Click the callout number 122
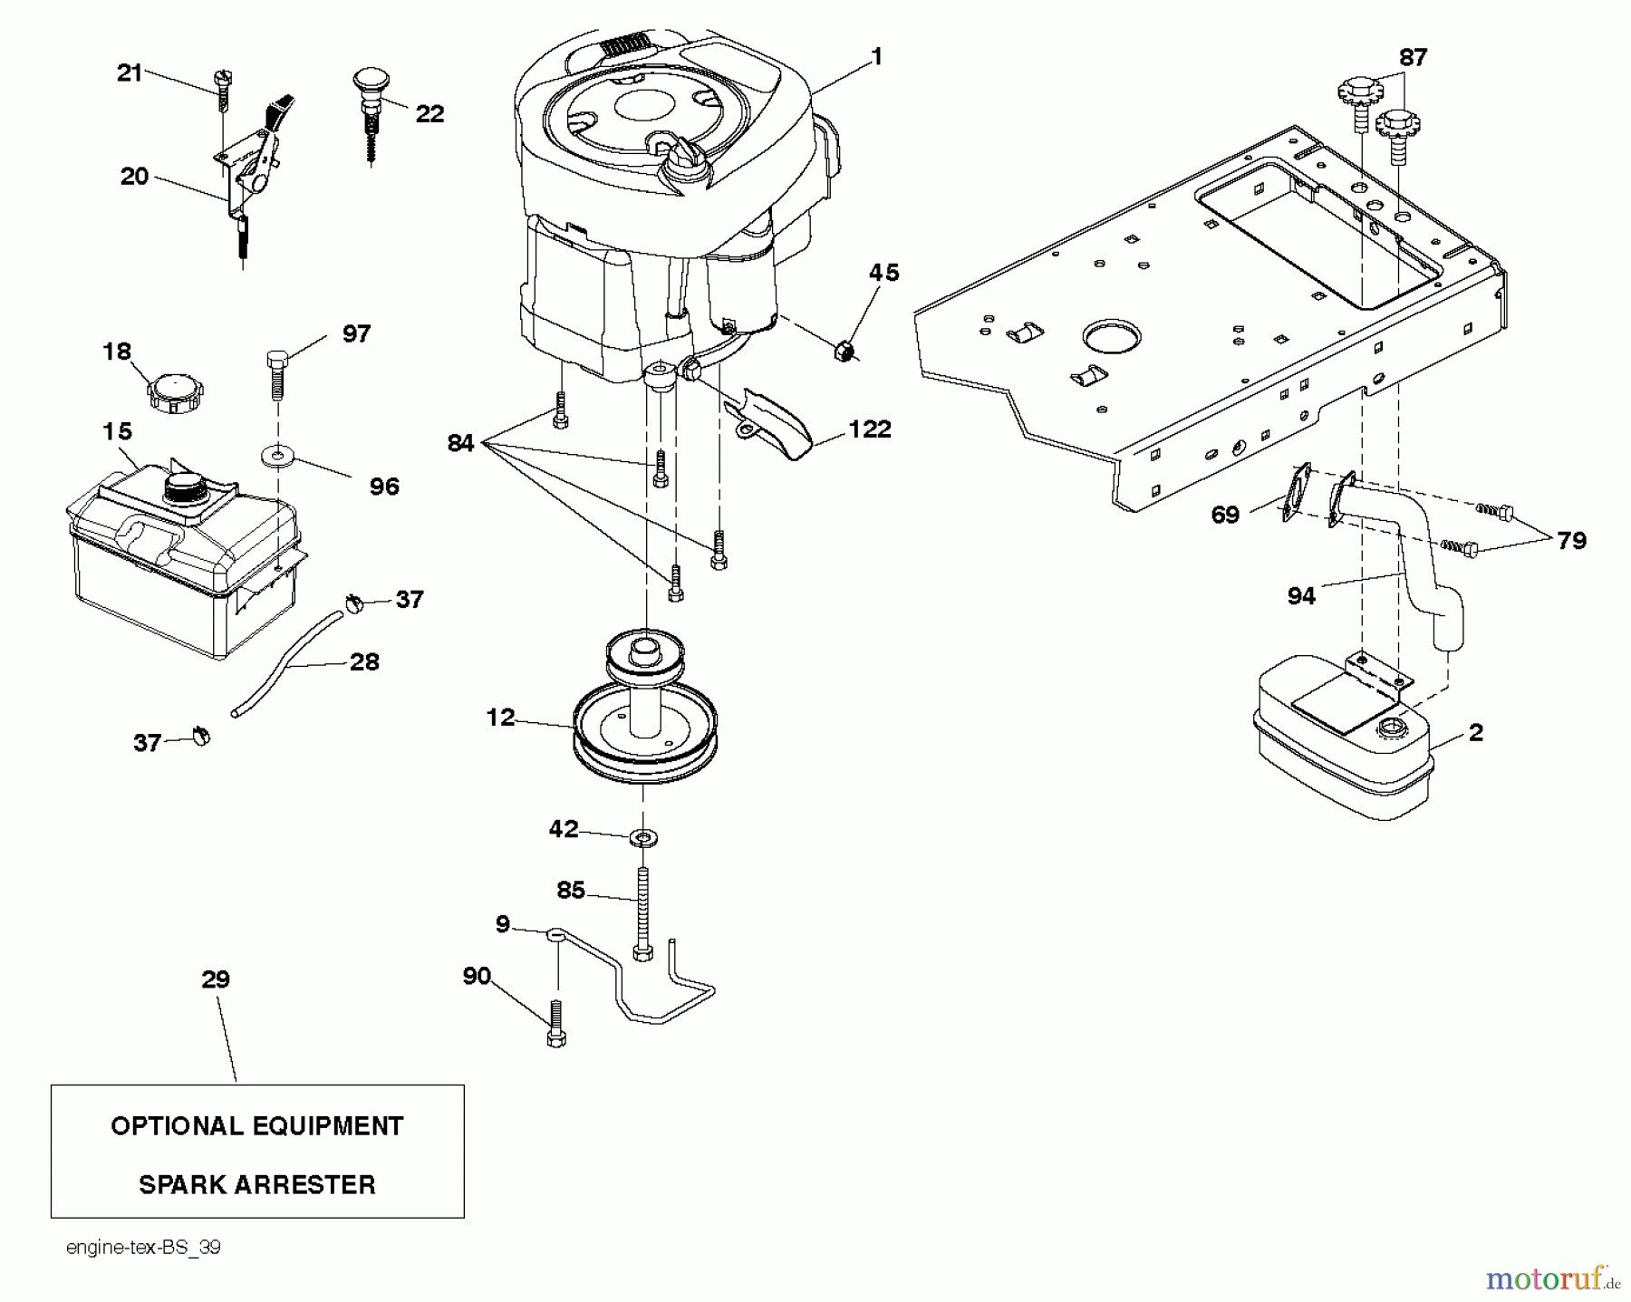pos(869,429)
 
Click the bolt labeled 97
pos(277,371)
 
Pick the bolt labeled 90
pos(556,1024)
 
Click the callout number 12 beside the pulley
pos(500,718)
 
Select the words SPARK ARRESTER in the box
pos(257,1184)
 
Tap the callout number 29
pos(216,979)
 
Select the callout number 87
pos(1413,58)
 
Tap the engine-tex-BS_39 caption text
pos(143,1248)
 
